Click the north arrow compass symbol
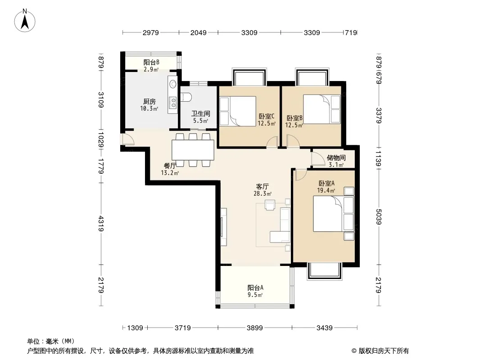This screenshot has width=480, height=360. tap(25, 21)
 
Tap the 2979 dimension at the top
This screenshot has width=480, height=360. tap(150, 32)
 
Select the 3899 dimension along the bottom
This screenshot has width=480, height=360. tap(255, 328)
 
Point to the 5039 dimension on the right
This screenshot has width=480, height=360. tap(379, 216)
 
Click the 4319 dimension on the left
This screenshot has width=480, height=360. tap(101, 224)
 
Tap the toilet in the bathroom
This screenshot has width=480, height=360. tap(186, 97)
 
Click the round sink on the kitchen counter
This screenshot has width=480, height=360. tap(173, 84)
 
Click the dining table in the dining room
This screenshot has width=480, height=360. tap(193, 150)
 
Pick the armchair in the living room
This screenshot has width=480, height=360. tap(270, 205)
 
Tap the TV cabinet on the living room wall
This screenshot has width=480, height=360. tap(223, 227)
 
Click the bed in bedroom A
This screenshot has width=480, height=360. tap(333, 214)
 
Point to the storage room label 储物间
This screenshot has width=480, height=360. tap(336, 158)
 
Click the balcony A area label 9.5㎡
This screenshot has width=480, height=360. tap(255, 295)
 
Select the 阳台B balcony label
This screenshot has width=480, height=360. tap(151, 63)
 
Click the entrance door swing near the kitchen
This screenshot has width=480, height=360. tap(128, 139)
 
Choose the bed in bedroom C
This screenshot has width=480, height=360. tap(238, 111)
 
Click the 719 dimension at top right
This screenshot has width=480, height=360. tap(351, 32)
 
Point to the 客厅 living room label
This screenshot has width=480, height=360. tap(263, 187)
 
